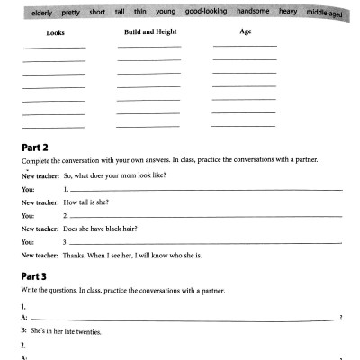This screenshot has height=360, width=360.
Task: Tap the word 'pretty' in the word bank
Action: pyautogui.click(x=71, y=13)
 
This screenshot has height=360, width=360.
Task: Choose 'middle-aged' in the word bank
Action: pyautogui.click(x=328, y=15)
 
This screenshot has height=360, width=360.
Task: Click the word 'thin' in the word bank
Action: pyautogui.click(x=142, y=13)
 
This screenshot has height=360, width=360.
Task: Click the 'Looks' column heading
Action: pyautogui.click(x=42, y=32)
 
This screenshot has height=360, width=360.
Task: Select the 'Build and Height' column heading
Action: pyautogui.click(x=148, y=31)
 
